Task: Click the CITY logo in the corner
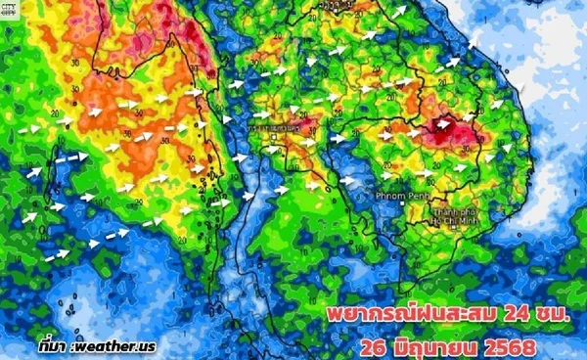coord(13,9)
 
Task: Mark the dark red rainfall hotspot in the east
coord(451,125)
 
